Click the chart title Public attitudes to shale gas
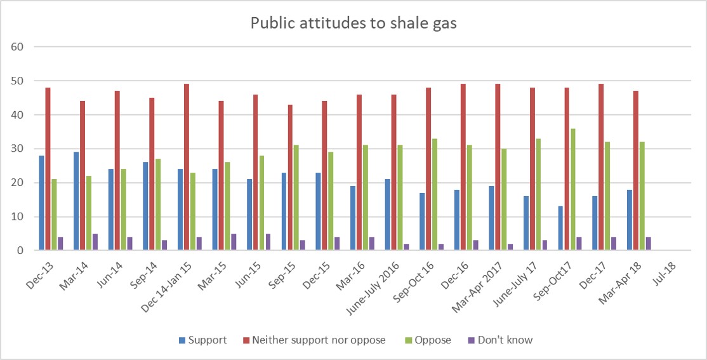(354, 23)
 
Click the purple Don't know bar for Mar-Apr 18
(649, 244)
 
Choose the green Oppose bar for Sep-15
(296, 198)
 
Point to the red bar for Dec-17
(600, 168)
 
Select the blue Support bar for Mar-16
(352, 218)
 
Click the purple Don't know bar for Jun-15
(268, 242)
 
